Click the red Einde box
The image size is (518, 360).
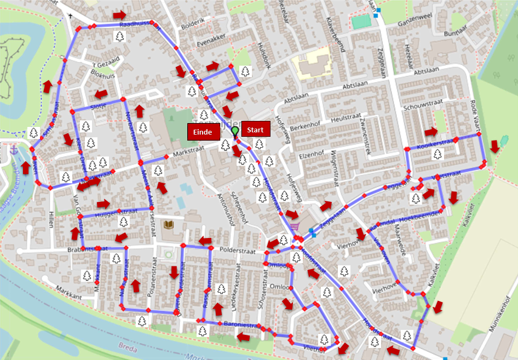[x=204, y=131]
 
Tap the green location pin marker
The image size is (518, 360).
[x=235, y=131]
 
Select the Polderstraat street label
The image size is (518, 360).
[x=234, y=249]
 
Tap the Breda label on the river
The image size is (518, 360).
[x=127, y=346]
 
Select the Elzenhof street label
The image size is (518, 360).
[x=312, y=155]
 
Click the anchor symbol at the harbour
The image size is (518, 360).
[x=14, y=149]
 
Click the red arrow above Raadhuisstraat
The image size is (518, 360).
[x=119, y=14]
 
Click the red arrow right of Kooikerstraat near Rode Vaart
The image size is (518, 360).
[x=495, y=146]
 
